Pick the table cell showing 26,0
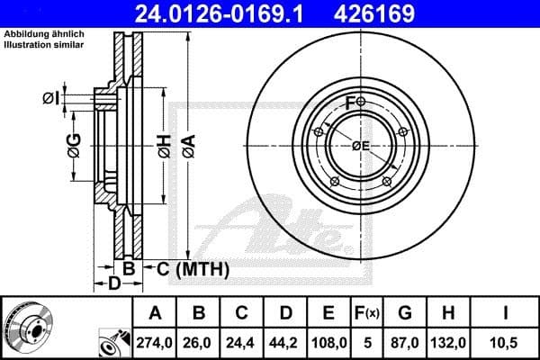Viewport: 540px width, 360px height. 200,341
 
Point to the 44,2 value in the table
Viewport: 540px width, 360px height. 286,341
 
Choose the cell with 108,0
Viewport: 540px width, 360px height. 329,341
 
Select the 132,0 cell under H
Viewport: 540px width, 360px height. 447,341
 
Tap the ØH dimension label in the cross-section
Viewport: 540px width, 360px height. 163,146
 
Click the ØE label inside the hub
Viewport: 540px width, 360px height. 361,146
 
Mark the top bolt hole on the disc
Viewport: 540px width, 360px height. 360,102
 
